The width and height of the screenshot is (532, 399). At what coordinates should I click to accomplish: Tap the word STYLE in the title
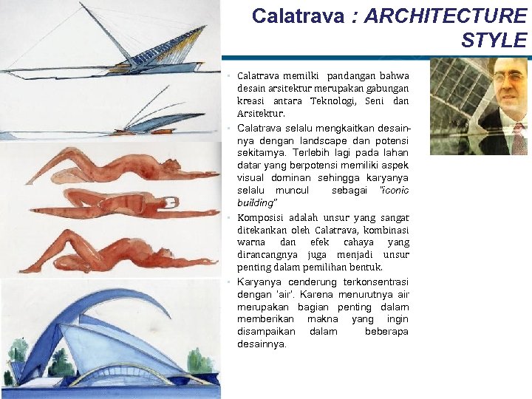494,40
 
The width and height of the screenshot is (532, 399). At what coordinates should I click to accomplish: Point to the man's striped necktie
519,137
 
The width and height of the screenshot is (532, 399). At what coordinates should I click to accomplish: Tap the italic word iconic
395,190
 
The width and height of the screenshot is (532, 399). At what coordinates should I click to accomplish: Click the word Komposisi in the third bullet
261,217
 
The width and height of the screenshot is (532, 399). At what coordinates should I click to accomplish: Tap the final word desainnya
262,344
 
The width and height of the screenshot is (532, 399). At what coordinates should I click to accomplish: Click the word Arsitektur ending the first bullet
261,113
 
